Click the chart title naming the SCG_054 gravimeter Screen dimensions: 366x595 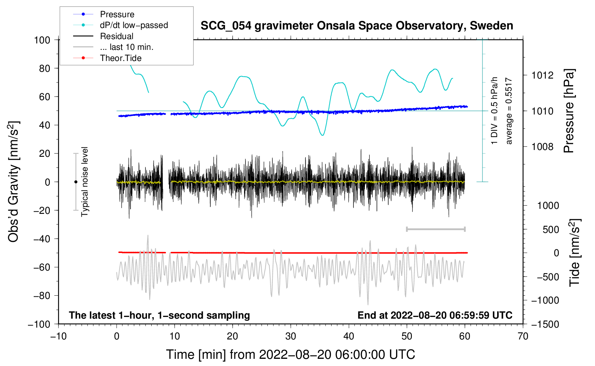(357, 26)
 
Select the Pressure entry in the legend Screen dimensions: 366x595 (117, 14)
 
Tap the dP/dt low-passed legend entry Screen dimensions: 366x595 (134, 25)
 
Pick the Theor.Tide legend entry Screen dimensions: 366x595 (120, 58)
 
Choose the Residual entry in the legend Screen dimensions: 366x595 (116, 36)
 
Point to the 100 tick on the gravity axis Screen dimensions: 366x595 (42, 40)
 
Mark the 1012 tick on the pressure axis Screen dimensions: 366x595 (542, 75)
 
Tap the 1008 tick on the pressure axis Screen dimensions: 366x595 (542, 146)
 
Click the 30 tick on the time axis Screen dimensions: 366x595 (291, 336)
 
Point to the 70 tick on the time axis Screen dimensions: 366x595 (523, 336)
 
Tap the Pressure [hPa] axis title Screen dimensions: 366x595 (569, 111)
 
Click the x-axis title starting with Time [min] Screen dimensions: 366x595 (291, 355)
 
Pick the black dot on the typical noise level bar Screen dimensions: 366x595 (76, 182)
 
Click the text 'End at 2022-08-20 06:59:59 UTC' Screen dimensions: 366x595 (435, 315)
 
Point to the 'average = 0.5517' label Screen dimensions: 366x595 (509, 111)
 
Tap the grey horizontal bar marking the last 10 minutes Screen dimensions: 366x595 (435, 229)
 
